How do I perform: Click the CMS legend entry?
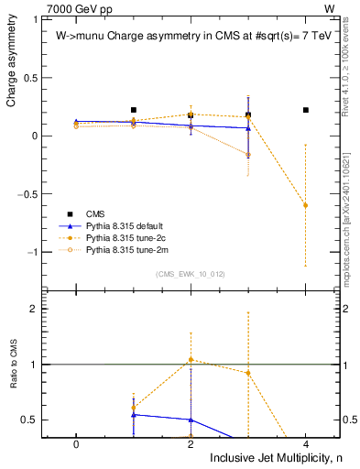[x=95, y=213]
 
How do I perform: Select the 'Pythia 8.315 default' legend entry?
[x=124, y=224]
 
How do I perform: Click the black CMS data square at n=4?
[x=305, y=110]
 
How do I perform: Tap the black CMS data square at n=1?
[x=134, y=110]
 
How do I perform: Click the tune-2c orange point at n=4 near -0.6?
[x=305, y=205]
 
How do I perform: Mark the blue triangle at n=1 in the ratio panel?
[x=134, y=415]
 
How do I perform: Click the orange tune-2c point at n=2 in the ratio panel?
[x=191, y=360]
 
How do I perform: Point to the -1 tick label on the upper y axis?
[x=34, y=252]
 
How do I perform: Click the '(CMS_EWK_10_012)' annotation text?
[x=191, y=274]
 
